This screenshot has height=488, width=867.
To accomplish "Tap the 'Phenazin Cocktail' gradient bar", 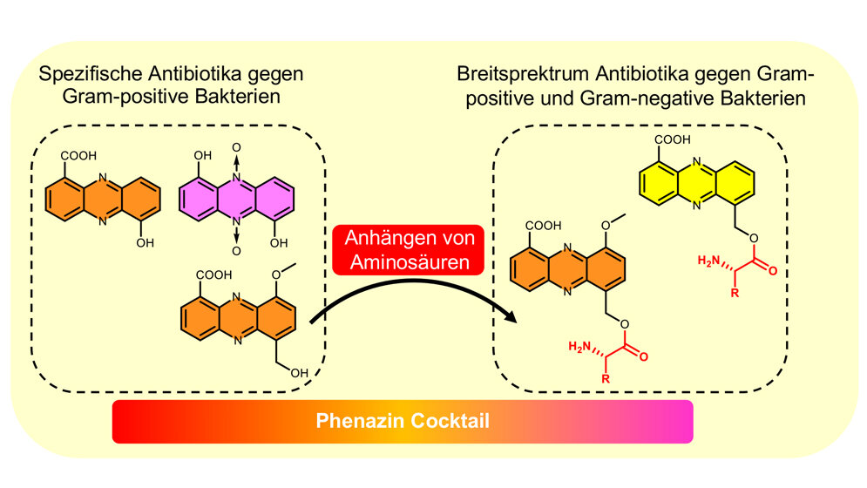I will [402, 421].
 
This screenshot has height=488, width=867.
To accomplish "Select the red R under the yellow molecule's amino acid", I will [735, 294].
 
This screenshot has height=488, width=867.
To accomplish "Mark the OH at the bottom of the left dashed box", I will [300, 374].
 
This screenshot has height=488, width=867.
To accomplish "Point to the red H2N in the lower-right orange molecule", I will [579, 348].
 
